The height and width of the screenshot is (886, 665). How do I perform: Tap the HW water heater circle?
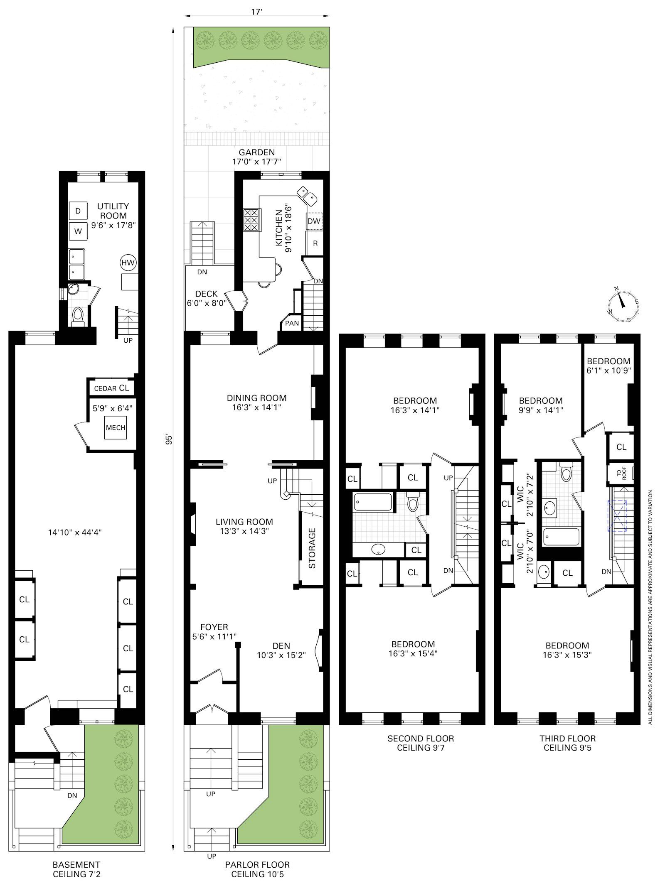point(128,263)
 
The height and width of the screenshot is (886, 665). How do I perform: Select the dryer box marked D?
point(78,211)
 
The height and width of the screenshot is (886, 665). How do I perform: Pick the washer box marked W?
point(78,231)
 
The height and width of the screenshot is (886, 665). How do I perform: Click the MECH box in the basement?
point(116,427)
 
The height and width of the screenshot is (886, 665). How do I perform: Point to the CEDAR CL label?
point(111,388)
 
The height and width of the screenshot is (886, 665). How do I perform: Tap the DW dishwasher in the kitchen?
point(315,221)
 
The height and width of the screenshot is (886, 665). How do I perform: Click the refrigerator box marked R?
point(315,243)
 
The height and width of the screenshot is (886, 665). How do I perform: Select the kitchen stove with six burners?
point(251,220)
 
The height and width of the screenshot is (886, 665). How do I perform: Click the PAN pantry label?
point(292,323)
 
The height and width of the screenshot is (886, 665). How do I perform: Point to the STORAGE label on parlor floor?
point(312,548)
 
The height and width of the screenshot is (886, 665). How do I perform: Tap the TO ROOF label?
point(621,474)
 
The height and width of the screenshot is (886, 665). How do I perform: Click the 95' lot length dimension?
point(169,439)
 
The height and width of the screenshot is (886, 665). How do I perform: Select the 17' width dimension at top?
point(257,12)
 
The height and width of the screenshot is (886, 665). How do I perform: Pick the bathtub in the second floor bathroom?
point(373,502)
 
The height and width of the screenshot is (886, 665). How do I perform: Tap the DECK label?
point(207,294)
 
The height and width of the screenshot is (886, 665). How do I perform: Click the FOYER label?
point(214,627)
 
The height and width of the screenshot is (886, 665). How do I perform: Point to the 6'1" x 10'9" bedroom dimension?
point(609,370)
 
